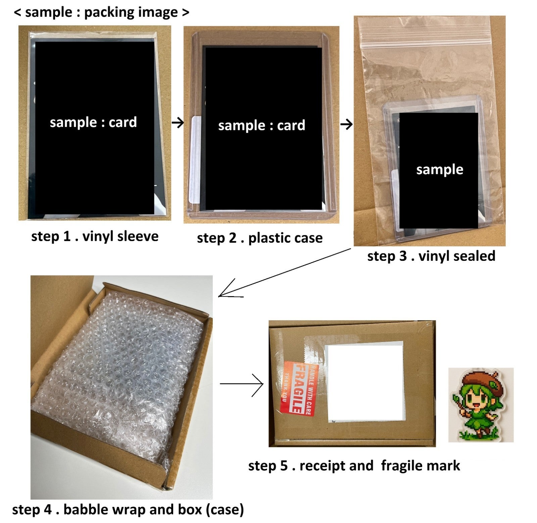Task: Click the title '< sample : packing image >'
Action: [x=102, y=12]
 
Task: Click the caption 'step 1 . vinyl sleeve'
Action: [x=95, y=236]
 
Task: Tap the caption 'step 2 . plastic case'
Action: [x=260, y=238]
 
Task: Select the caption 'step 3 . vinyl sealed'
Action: [x=431, y=256]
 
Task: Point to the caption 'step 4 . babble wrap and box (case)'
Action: [x=128, y=509]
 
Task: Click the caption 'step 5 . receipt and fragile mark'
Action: [x=354, y=466]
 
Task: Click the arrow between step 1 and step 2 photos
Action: [x=178, y=123]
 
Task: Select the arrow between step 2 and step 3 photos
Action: [x=346, y=125]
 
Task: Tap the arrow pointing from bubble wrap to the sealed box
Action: [x=241, y=384]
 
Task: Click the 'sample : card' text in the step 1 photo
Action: [x=93, y=122]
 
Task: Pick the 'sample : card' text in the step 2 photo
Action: [x=262, y=126]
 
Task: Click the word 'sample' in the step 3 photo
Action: [x=440, y=170]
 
